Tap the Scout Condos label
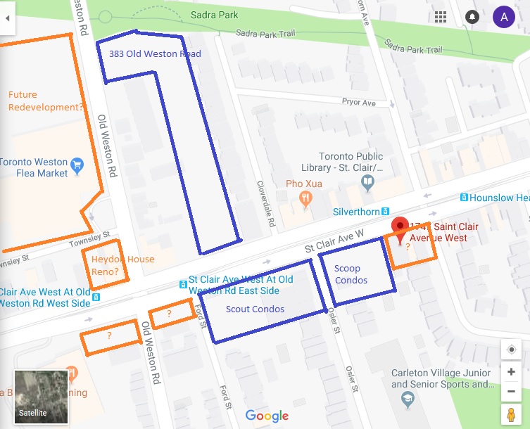pos(255,309)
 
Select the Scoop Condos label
pos(351,274)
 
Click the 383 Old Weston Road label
pos(155,54)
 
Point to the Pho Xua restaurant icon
pos(305,198)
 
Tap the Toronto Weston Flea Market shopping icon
pos(77,165)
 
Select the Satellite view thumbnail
pos(41,397)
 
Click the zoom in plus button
pos(511,371)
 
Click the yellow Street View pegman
pos(511,414)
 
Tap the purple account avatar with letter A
pos(503,16)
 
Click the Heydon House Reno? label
pos(122,265)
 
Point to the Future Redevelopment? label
pos(46,101)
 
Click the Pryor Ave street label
pos(358,103)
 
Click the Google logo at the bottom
pos(267,416)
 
